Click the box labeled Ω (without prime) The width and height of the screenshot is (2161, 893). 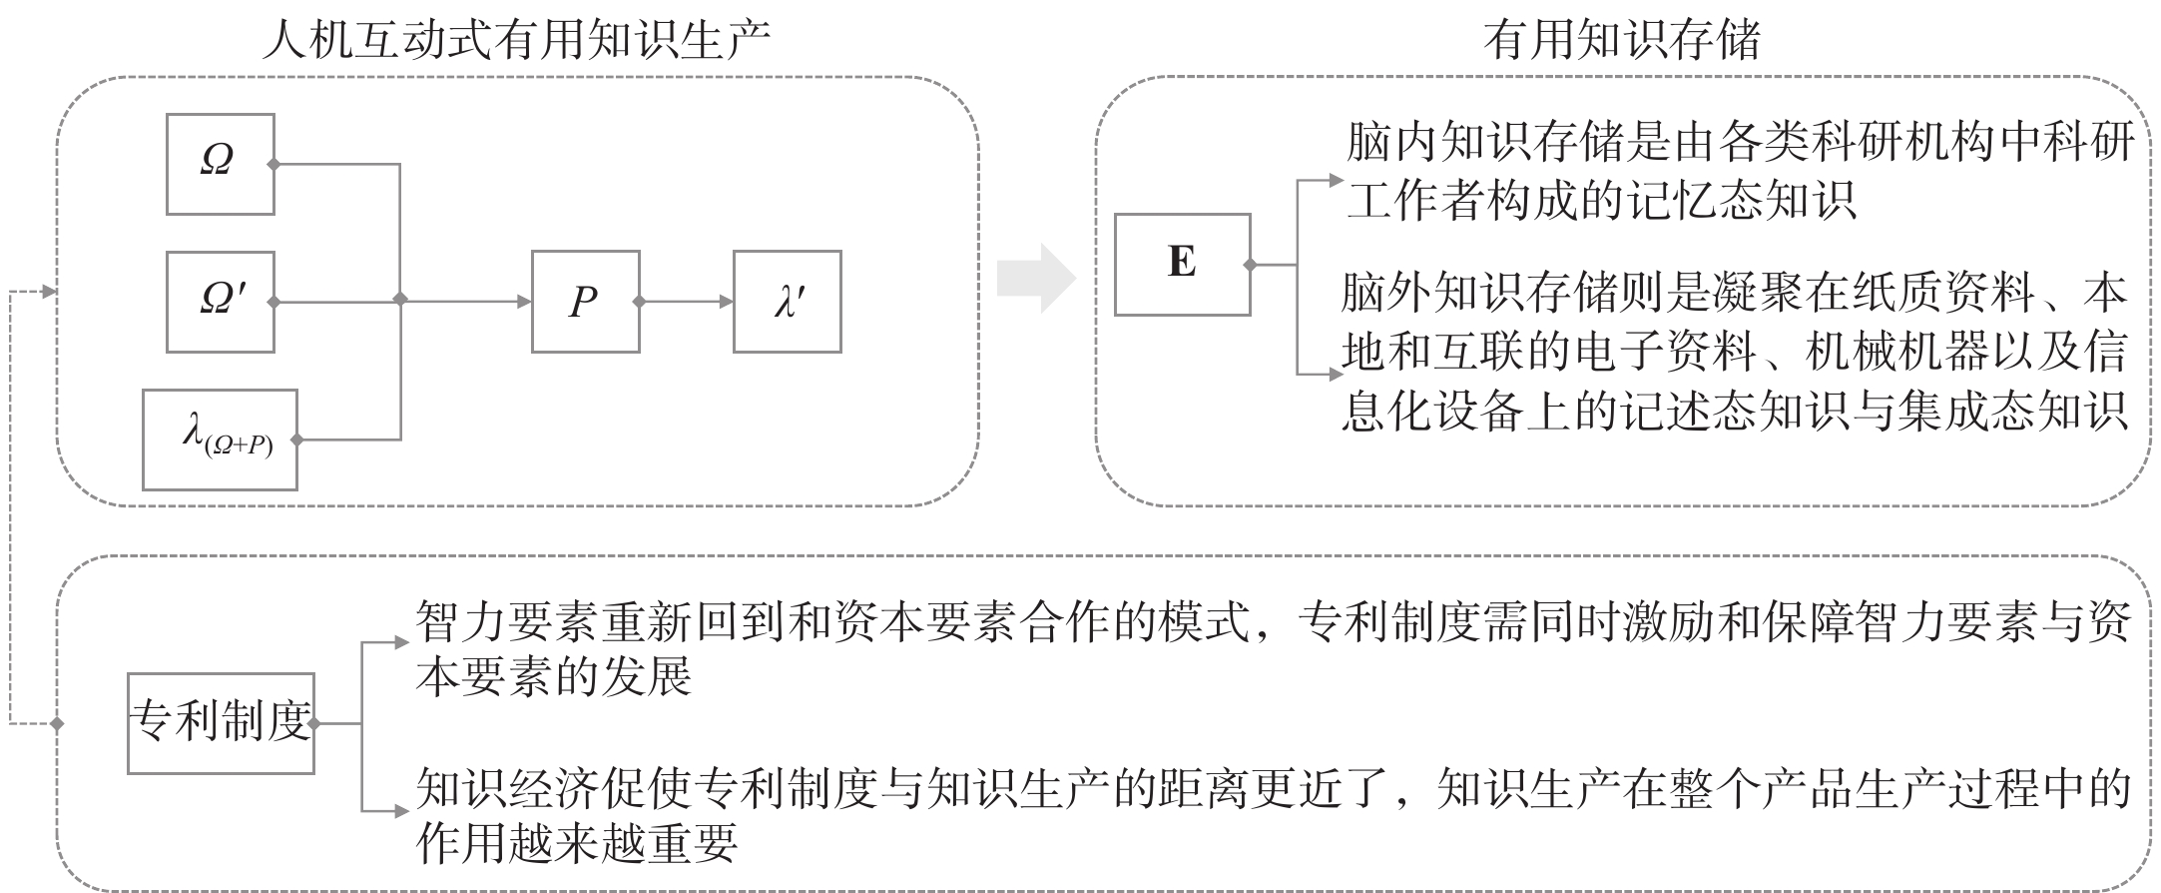click(221, 164)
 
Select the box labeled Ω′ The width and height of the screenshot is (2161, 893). click(221, 302)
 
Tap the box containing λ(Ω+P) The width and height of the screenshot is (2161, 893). click(220, 440)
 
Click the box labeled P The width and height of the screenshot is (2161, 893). click(586, 302)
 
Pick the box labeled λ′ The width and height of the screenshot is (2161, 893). click(788, 302)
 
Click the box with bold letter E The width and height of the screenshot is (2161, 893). click(1183, 265)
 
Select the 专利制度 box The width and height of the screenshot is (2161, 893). click(221, 723)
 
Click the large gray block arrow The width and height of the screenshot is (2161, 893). click(1036, 278)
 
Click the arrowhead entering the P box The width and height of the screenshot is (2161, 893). click(524, 302)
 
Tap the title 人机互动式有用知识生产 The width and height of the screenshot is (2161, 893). click(516, 42)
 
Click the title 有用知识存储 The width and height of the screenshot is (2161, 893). click(1622, 42)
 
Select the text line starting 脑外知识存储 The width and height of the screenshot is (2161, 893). click(1734, 294)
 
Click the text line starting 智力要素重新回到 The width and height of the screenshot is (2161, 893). click(1274, 624)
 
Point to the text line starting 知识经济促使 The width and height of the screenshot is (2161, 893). click(1274, 789)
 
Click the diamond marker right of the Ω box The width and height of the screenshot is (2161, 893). click(273, 164)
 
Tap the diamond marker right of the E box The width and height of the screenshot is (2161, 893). click(1250, 265)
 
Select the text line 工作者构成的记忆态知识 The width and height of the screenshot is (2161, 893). click(1601, 200)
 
